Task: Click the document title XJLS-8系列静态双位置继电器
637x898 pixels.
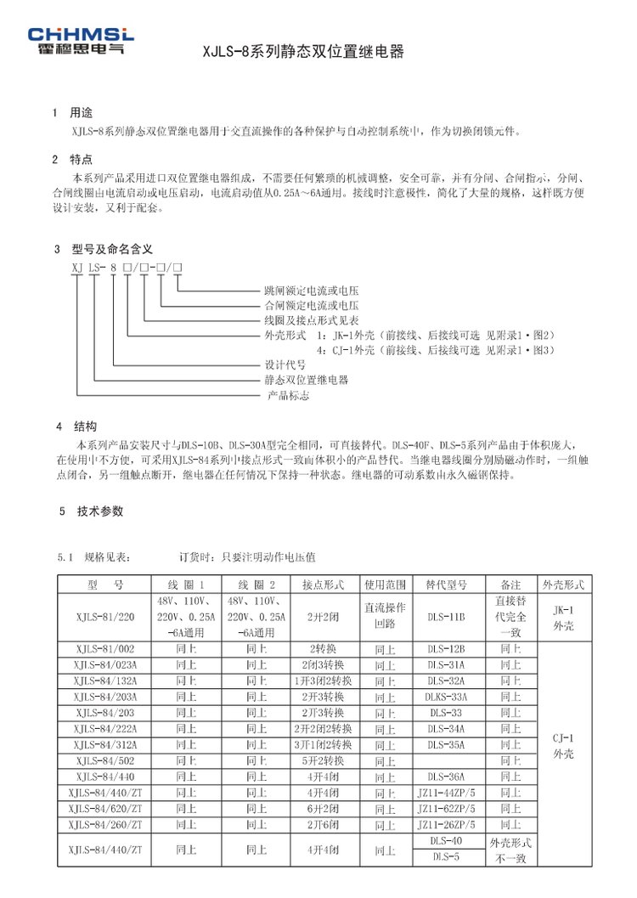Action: coord(303,52)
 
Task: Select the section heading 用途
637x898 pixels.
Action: coord(80,112)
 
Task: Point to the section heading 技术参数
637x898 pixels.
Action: coord(99,511)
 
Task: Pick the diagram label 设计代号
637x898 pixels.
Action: coord(282,364)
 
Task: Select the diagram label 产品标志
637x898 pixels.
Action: coord(288,396)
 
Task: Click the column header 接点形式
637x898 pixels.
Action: coord(323,585)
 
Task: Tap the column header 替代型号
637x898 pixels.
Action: coord(446,585)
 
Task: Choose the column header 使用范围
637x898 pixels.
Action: coord(385,585)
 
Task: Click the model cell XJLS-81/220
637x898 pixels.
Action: coord(104,618)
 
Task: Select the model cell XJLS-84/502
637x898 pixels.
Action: coord(104,760)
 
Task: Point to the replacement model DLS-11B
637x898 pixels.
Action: coord(446,618)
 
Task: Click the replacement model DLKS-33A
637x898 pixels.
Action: coord(446,696)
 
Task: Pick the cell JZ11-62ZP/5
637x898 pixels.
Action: coord(446,808)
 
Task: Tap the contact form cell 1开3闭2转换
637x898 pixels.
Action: coord(323,681)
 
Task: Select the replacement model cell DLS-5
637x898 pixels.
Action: coord(446,856)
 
